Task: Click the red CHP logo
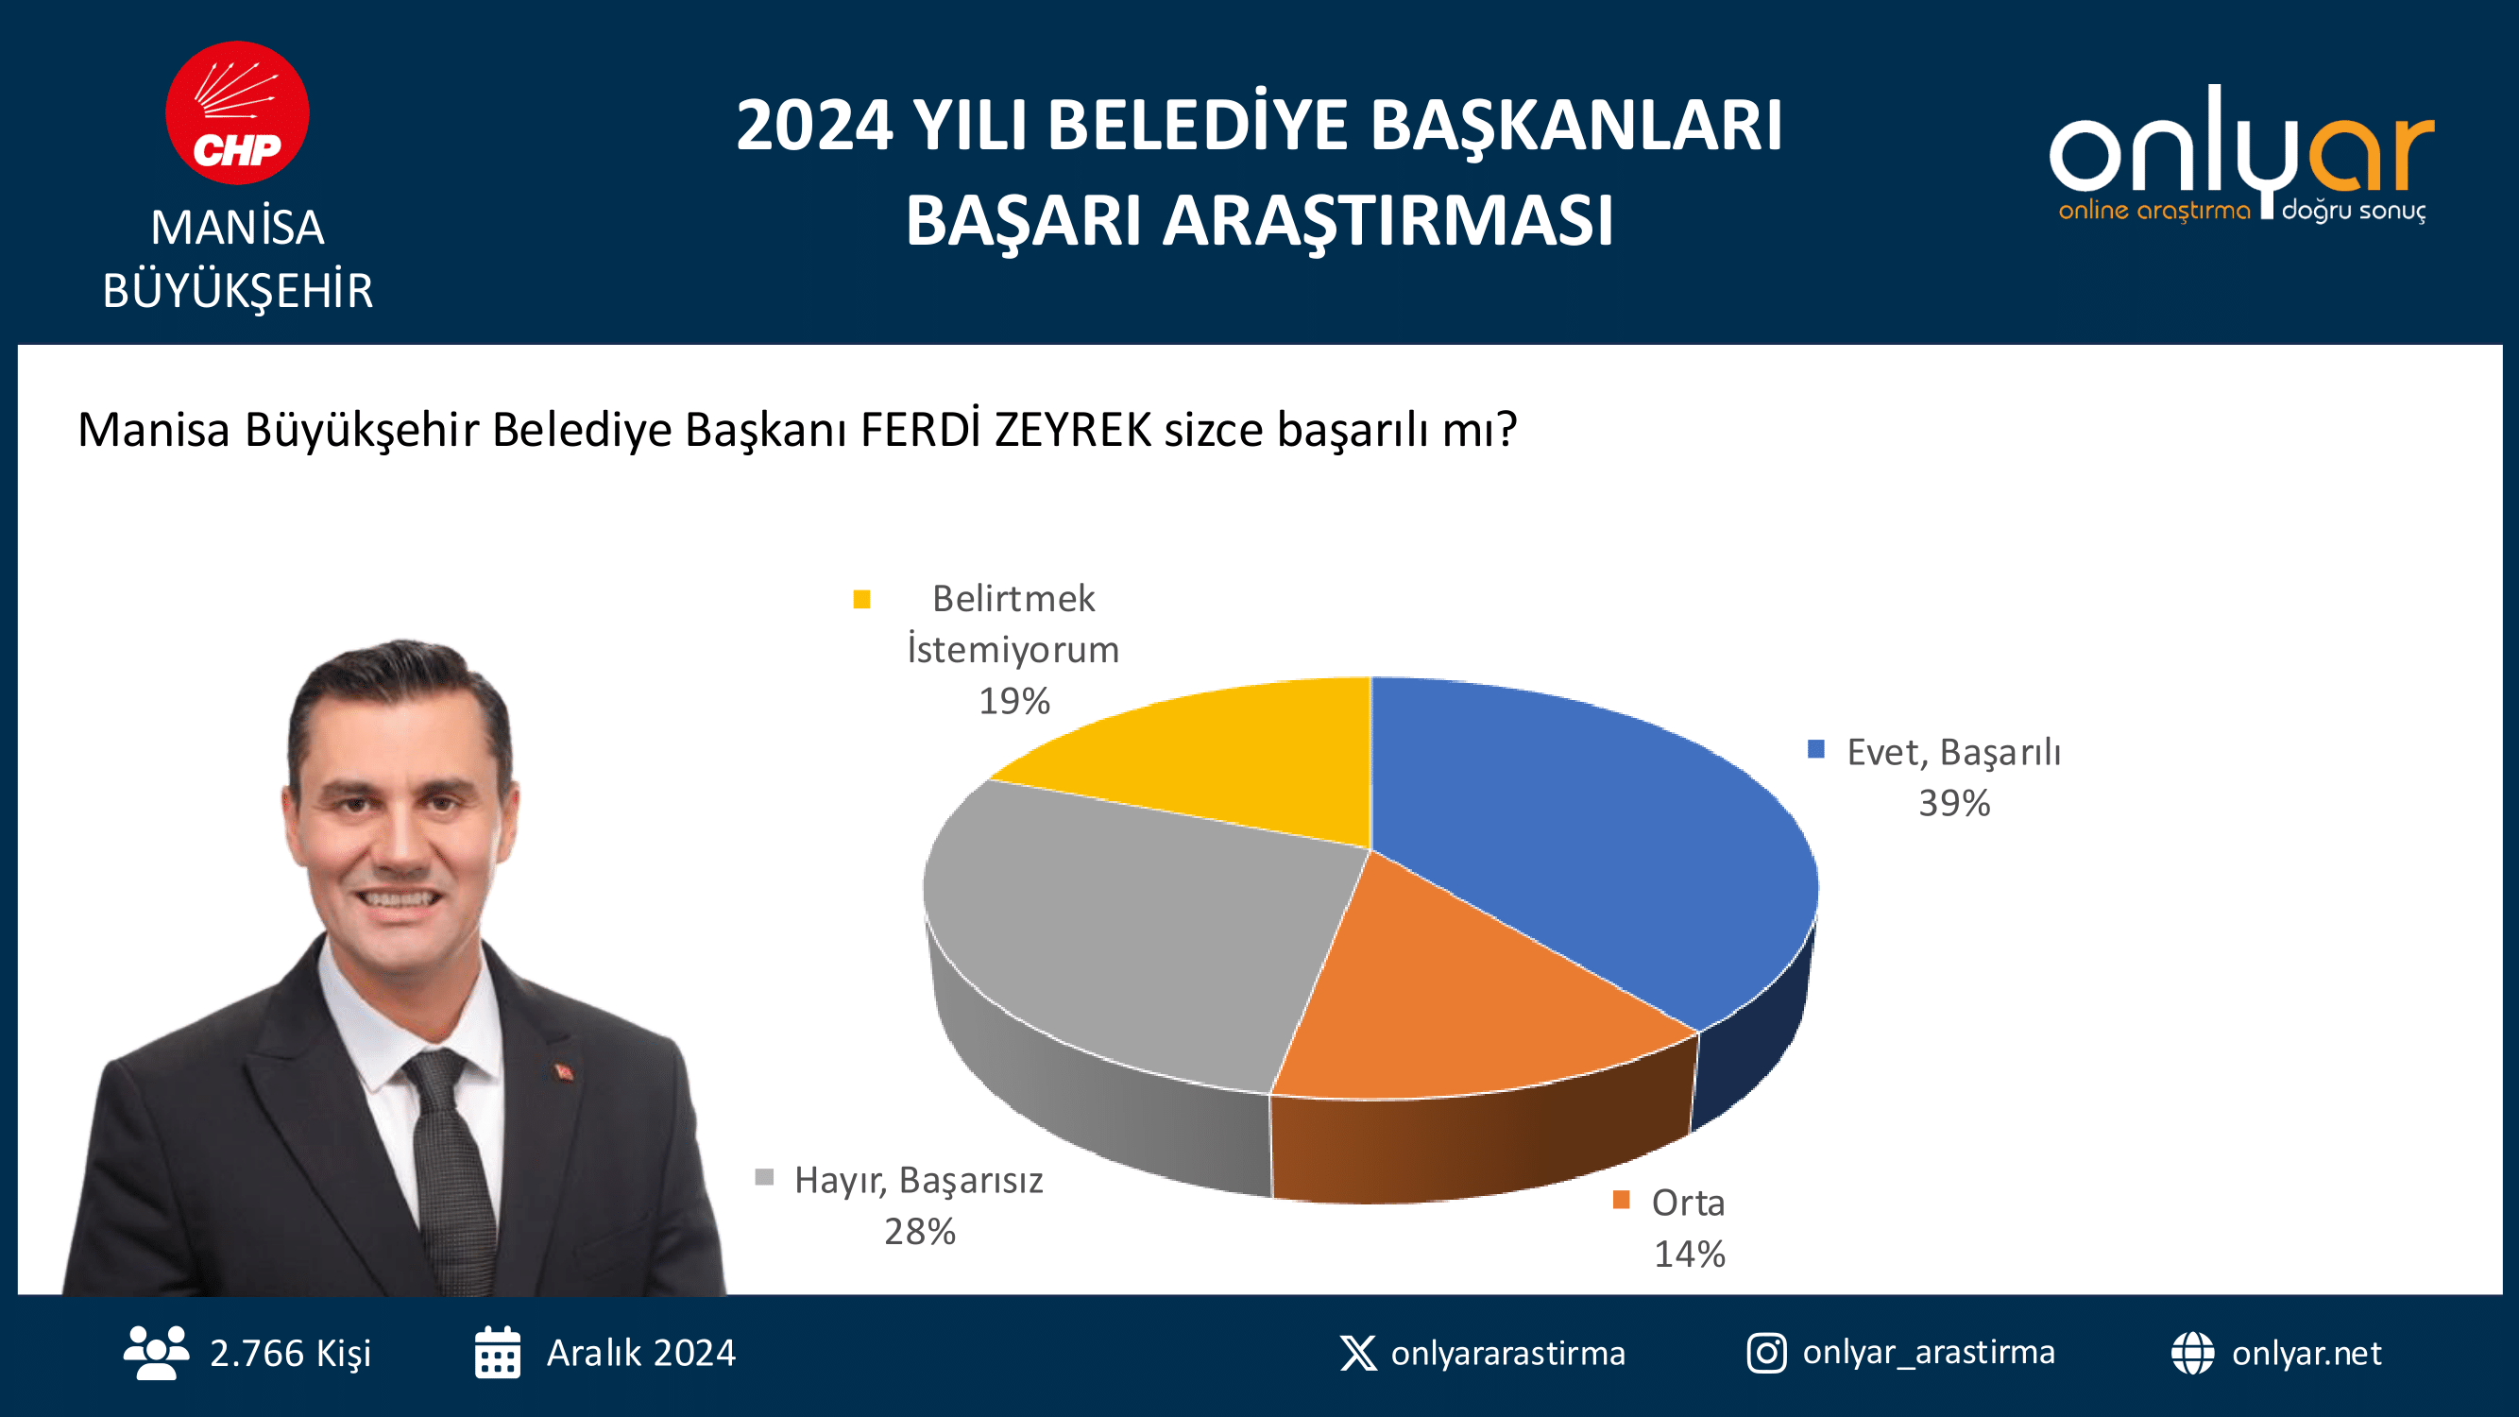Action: pyautogui.click(x=237, y=112)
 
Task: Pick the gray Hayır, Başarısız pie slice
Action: pyautogui.click(x=1134, y=929)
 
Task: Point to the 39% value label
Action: pyautogui.click(x=1954, y=803)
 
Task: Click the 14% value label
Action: pyautogui.click(x=1689, y=1254)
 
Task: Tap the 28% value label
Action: pyautogui.click(x=919, y=1231)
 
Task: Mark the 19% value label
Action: pyautogui.click(x=1014, y=700)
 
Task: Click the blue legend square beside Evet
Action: pyautogui.click(x=1816, y=749)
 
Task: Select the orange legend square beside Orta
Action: pyautogui.click(x=1622, y=1199)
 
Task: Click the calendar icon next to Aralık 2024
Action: pyautogui.click(x=498, y=1353)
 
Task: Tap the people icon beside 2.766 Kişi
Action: pyautogui.click(x=157, y=1353)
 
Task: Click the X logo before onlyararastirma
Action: pyautogui.click(x=1358, y=1353)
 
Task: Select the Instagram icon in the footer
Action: pyautogui.click(x=1766, y=1353)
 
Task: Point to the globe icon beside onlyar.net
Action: pyautogui.click(x=2192, y=1353)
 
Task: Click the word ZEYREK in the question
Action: pyautogui.click(x=1073, y=430)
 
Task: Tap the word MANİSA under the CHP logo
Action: pyautogui.click(x=238, y=228)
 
